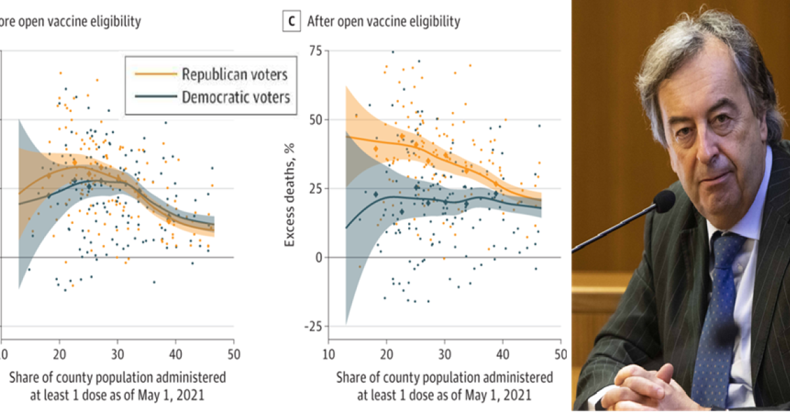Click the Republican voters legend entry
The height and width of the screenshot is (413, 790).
pos(234,74)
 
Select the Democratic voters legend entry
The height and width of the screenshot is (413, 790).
pos(236,97)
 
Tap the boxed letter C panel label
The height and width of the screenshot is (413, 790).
pos(290,21)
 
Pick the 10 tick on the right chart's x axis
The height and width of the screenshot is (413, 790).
pos(328,354)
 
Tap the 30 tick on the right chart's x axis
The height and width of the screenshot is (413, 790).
pos(444,354)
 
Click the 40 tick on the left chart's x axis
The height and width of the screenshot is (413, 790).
pos(175,354)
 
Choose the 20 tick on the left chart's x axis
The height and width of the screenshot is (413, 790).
pos(59,354)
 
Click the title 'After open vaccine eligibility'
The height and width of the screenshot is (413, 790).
pos(383,21)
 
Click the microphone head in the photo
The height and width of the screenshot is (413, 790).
pos(664,201)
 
